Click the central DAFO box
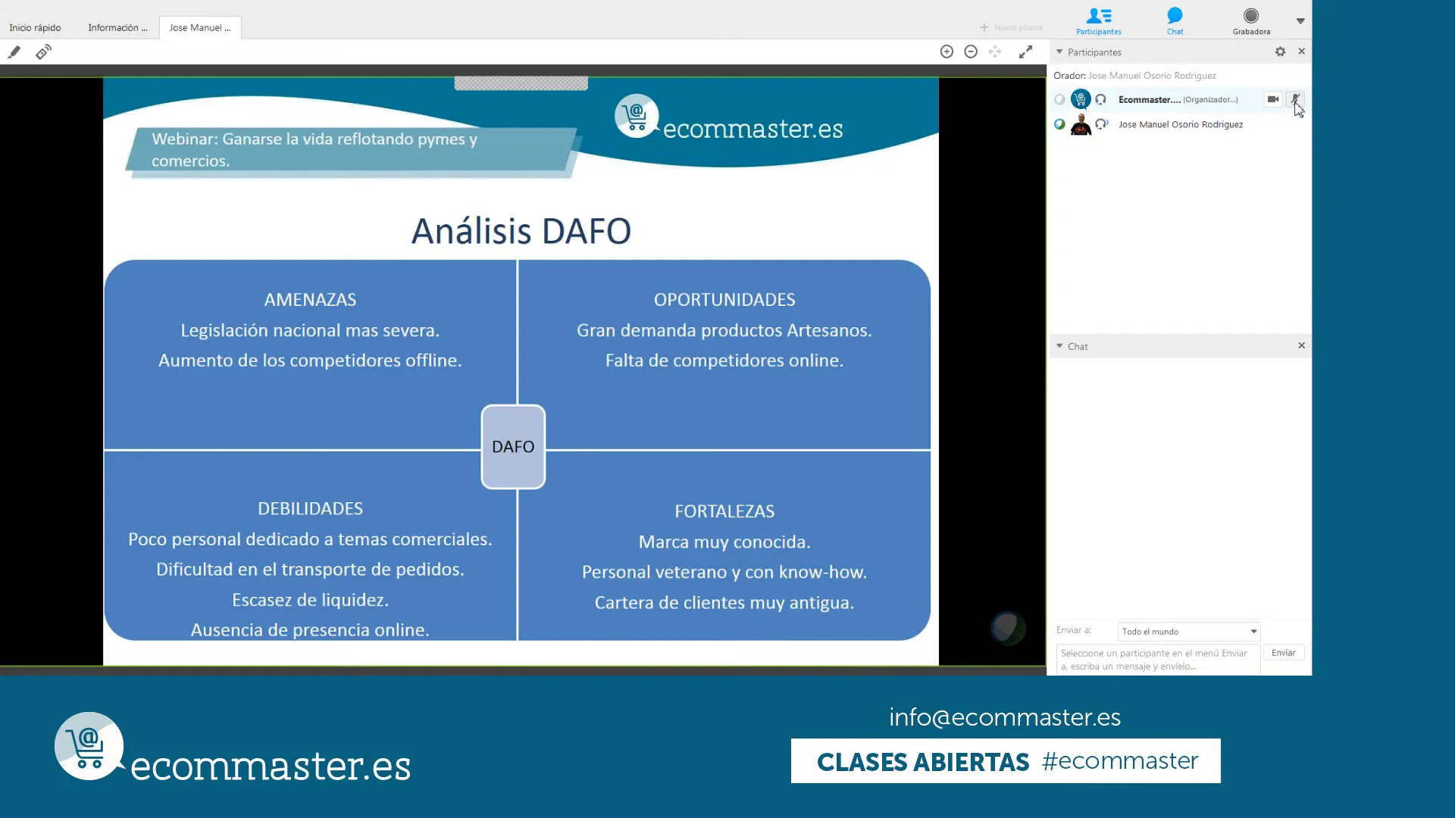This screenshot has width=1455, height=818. coord(513,447)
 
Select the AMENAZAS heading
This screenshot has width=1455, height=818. coord(310,300)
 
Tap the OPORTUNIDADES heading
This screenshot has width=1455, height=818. coord(724,300)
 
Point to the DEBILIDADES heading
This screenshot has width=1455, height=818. coord(310,509)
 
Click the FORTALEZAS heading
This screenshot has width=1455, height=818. coord(724,511)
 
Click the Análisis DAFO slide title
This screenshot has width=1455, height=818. coord(521,231)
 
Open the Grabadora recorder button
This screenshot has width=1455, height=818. coord(1251,20)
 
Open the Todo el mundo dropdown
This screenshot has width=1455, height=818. coord(1189,631)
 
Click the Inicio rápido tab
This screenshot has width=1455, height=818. coord(35,28)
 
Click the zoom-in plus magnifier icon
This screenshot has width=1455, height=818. coord(947,52)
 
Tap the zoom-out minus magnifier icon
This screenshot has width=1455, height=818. coord(971,52)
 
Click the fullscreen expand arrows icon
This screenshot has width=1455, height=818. coord(1025,52)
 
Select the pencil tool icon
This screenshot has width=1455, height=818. coord(14,52)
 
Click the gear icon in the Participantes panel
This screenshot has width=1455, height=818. coord(1280,52)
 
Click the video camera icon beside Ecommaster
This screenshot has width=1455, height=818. coord(1273,99)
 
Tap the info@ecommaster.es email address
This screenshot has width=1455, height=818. coord(1005,717)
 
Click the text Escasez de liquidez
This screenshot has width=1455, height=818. coord(310,600)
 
